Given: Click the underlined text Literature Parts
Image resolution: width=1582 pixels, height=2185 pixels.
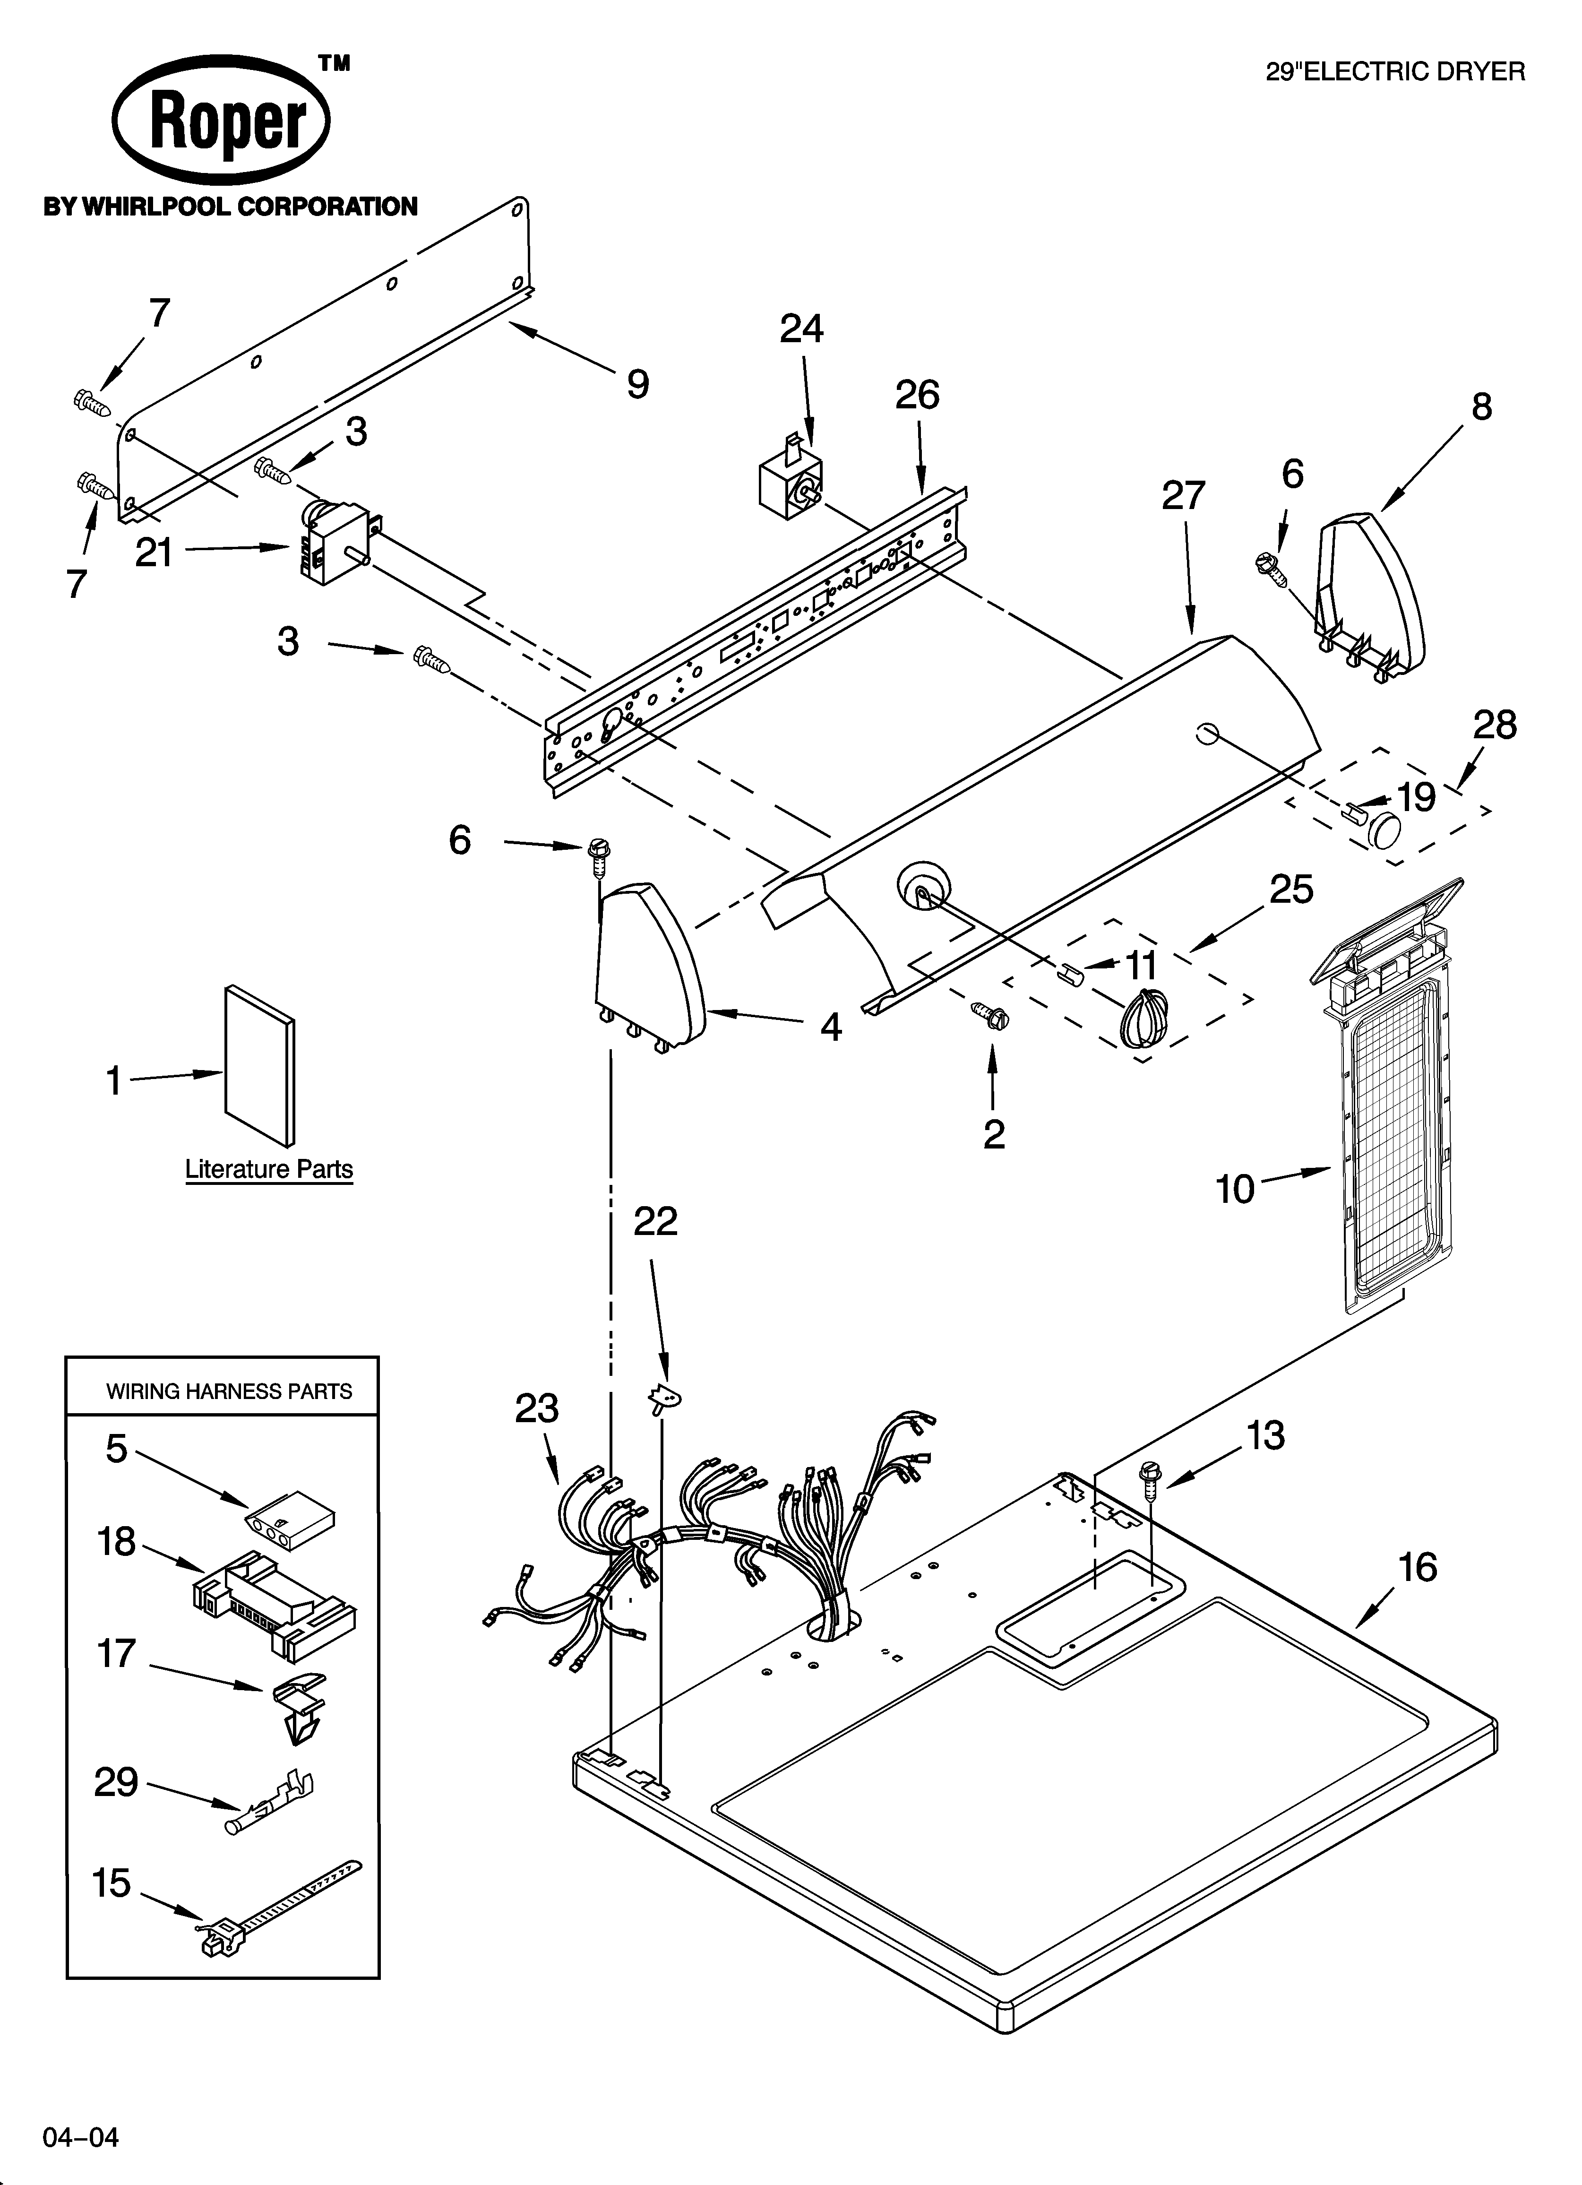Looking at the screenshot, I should [x=269, y=1170].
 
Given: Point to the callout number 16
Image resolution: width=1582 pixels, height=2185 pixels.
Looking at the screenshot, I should [x=1417, y=1567].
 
